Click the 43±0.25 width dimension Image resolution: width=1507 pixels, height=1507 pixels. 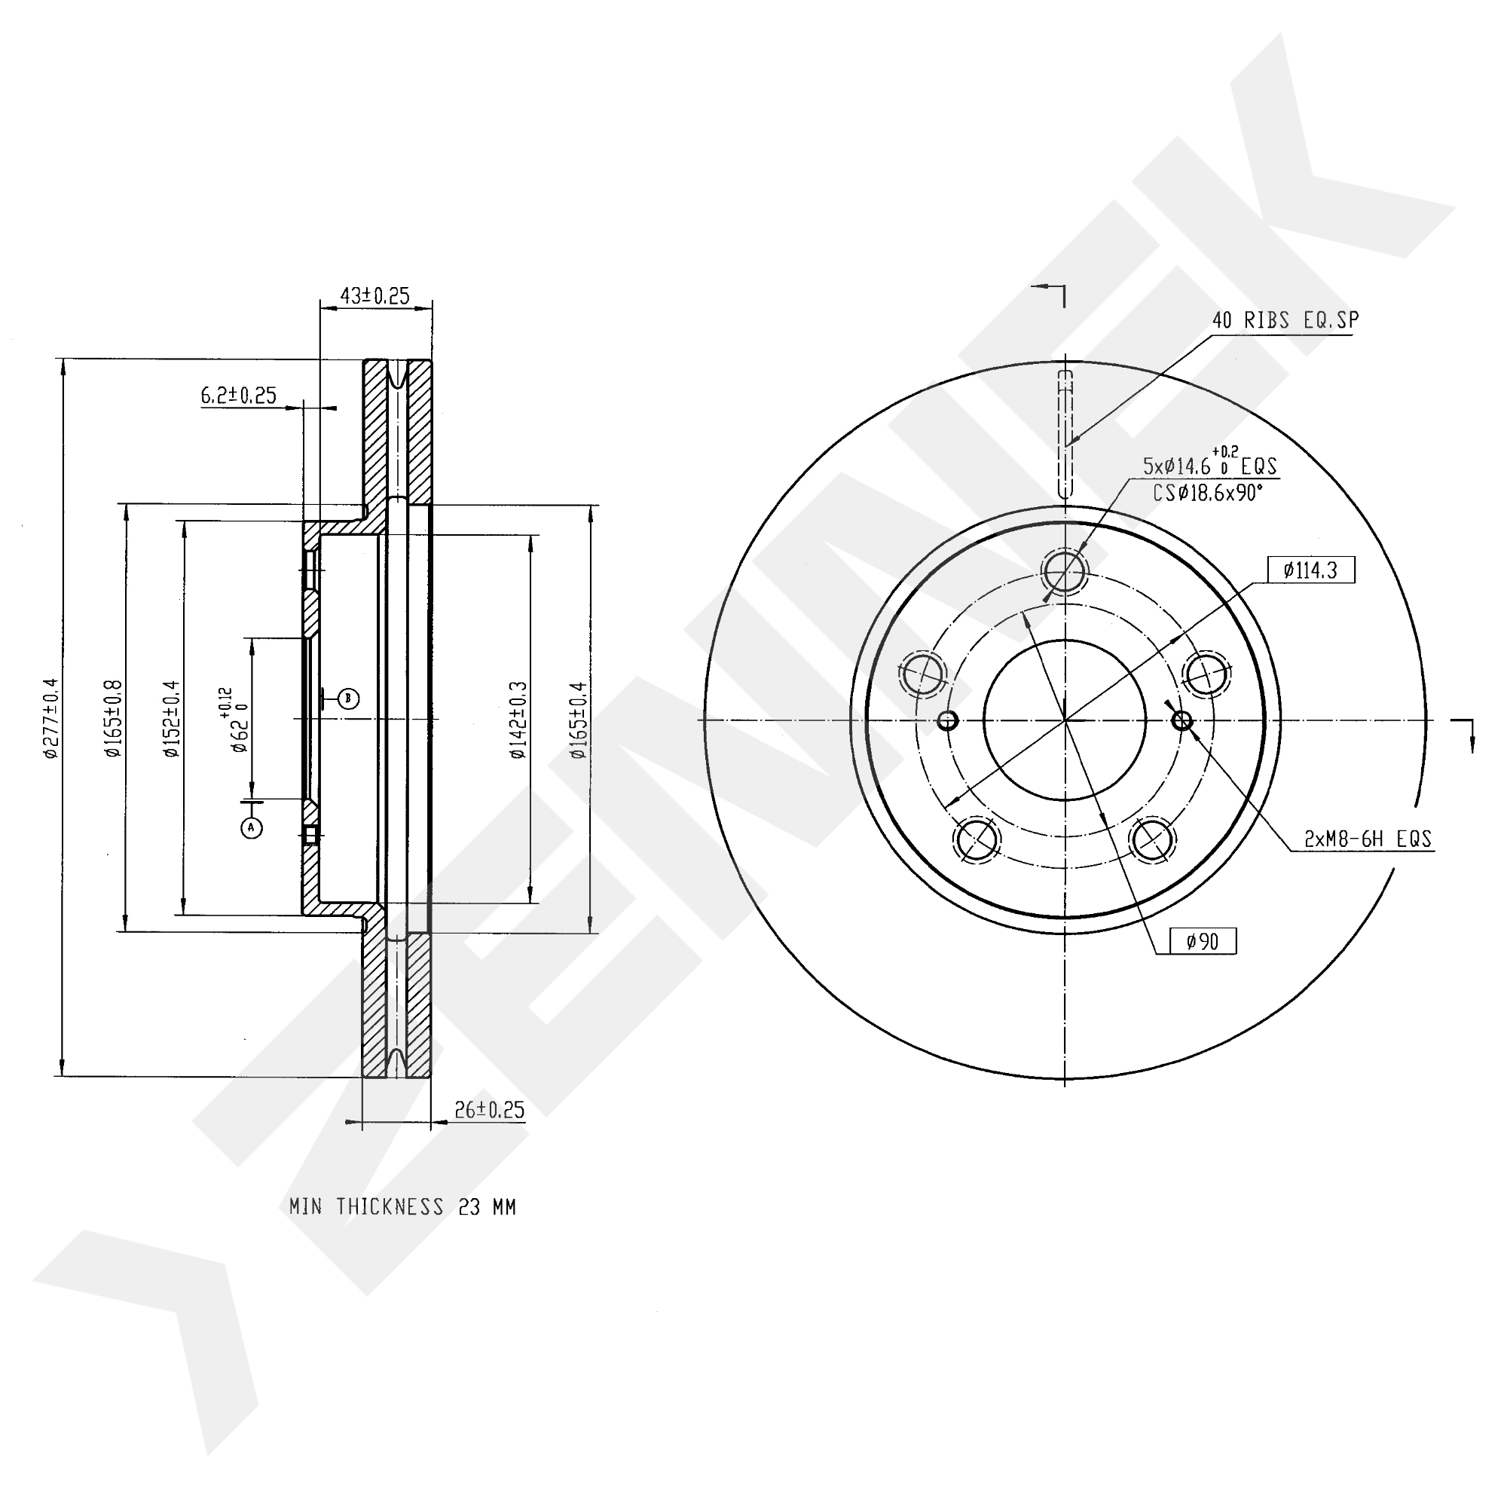point(375,295)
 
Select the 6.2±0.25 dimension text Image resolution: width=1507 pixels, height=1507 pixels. point(239,396)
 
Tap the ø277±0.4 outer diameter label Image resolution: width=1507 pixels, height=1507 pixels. point(50,717)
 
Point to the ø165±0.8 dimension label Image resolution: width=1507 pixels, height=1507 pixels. point(114,717)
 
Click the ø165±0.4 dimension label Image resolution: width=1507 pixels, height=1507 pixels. point(577,719)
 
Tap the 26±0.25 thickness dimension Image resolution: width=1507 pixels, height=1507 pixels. point(489,1110)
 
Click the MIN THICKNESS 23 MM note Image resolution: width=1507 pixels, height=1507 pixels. point(402,1206)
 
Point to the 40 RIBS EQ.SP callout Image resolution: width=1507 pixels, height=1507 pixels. point(1285,319)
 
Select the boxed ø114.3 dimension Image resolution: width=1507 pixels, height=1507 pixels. point(1311,570)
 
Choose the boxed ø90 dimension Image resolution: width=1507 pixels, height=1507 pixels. point(1203,941)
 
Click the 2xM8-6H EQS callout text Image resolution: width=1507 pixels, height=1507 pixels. point(1368,839)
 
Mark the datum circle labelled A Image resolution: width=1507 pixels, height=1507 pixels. point(251,827)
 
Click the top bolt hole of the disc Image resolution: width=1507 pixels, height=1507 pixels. point(1065,570)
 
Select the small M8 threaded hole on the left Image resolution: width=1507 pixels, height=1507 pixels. point(948,720)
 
